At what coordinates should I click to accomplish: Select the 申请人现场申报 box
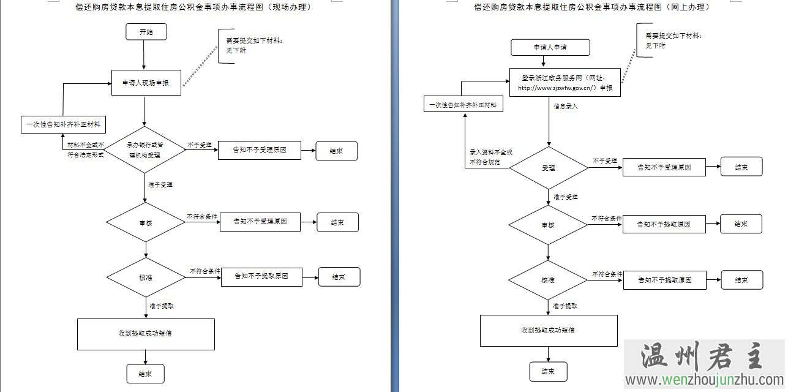146,83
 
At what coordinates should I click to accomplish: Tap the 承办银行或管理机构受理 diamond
145,151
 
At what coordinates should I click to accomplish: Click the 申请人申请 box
550,47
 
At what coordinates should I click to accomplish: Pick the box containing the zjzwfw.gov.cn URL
565,83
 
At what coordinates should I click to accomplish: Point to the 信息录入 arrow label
566,106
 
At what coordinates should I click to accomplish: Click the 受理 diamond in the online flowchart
549,167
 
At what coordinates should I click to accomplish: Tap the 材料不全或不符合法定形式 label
86,149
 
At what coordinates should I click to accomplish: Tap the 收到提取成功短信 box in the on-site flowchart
146,334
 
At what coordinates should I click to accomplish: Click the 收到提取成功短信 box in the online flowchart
549,330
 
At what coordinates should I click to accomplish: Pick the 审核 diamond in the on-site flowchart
145,222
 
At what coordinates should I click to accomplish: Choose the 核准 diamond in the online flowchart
548,280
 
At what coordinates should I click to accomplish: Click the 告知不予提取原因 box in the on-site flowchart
261,277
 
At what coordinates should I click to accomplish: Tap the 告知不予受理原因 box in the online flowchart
664,167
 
